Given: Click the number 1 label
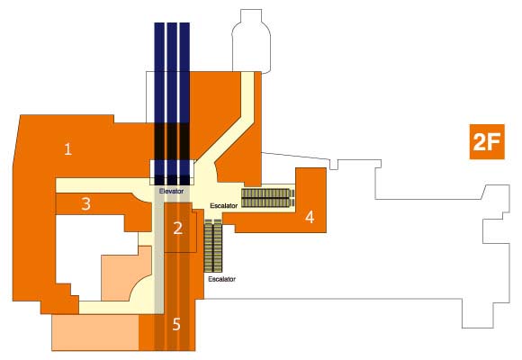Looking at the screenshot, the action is click(67, 149).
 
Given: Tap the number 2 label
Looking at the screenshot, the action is click(178, 229).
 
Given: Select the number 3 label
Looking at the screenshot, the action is click(85, 203).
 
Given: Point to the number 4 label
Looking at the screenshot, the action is click(310, 217).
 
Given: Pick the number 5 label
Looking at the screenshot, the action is click(176, 324).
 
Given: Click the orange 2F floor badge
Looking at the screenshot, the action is click(487, 142).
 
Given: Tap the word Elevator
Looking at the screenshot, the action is click(171, 192).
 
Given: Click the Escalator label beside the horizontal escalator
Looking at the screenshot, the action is click(224, 206).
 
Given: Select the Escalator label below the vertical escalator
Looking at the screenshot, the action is click(221, 279).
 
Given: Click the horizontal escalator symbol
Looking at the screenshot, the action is click(268, 198).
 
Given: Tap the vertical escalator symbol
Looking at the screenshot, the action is click(212, 246).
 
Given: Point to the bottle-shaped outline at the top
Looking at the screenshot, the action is click(251, 40).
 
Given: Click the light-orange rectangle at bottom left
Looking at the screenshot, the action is click(95, 332).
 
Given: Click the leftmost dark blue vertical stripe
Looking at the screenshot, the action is click(159, 103).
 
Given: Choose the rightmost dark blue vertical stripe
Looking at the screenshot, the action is click(184, 103).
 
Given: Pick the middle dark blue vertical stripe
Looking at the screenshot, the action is click(172, 103).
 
